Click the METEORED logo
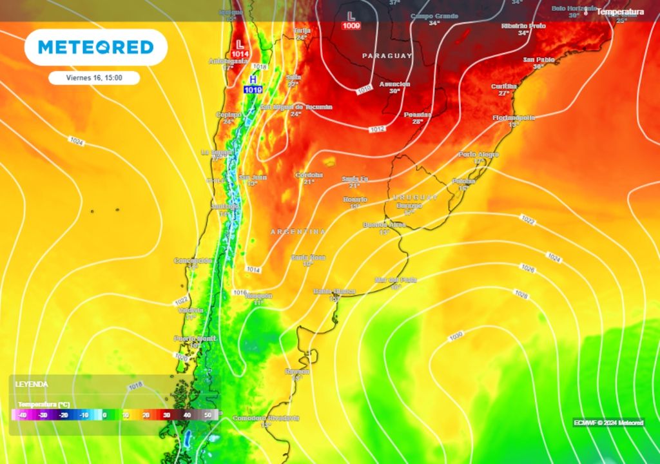click(x=96, y=47)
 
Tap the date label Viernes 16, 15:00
click(x=94, y=78)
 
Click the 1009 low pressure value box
click(x=351, y=26)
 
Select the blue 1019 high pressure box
click(x=253, y=90)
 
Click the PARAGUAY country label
click(x=387, y=56)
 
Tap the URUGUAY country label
click(x=416, y=197)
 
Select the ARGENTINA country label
click(x=298, y=231)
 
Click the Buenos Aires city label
click(x=384, y=225)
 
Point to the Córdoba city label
click(x=309, y=175)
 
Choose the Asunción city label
click(x=395, y=84)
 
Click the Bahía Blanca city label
click(x=335, y=291)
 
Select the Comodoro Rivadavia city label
click(x=266, y=418)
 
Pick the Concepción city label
click(x=192, y=260)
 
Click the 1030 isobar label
click(x=456, y=336)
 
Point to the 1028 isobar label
click(x=521, y=295)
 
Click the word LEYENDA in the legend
click(x=32, y=384)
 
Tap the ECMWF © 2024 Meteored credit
click(x=608, y=423)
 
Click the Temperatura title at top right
click(x=619, y=12)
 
